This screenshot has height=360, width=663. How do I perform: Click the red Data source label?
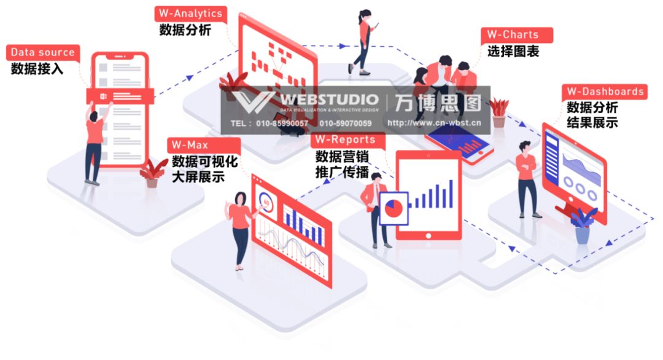point(42,53)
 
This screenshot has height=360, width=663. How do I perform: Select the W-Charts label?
point(516,35)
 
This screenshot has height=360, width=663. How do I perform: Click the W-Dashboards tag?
point(604,92)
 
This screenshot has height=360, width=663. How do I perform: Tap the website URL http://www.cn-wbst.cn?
point(433,123)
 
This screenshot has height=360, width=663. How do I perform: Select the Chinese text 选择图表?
point(513,52)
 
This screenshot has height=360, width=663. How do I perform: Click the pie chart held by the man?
point(394,207)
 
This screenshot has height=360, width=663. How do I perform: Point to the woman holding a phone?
point(364,40)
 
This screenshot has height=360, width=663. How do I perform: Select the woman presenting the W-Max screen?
point(241,227)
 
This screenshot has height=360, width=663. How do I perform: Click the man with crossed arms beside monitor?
point(527,178)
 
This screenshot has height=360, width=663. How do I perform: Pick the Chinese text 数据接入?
point(37,69)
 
